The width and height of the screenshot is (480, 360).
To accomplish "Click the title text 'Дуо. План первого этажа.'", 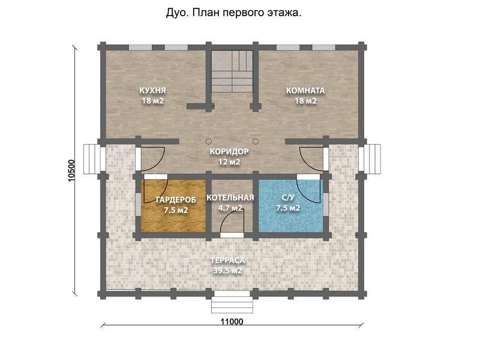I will tap(233, 13).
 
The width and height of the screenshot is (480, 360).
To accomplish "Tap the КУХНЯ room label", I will tap(152, 91).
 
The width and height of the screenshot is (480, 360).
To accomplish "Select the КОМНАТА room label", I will tap(305, 91).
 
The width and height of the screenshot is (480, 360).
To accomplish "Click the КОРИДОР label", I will tap(230, 152).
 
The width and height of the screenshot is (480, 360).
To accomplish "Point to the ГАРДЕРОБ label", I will tap(172, 199).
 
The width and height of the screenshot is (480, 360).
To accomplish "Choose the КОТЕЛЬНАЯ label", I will tap(230, 197).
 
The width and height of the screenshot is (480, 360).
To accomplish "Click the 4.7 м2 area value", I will tap(230, 208).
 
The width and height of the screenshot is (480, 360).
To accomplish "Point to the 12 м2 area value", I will tap(230, 162).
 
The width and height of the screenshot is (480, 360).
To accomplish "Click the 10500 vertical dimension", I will tap(71, 171).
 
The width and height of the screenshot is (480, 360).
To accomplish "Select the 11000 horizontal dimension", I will tap(232, 321).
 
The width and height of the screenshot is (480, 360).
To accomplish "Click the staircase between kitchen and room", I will tap(232, 71).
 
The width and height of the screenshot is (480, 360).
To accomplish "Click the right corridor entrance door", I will tap(311, 158).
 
